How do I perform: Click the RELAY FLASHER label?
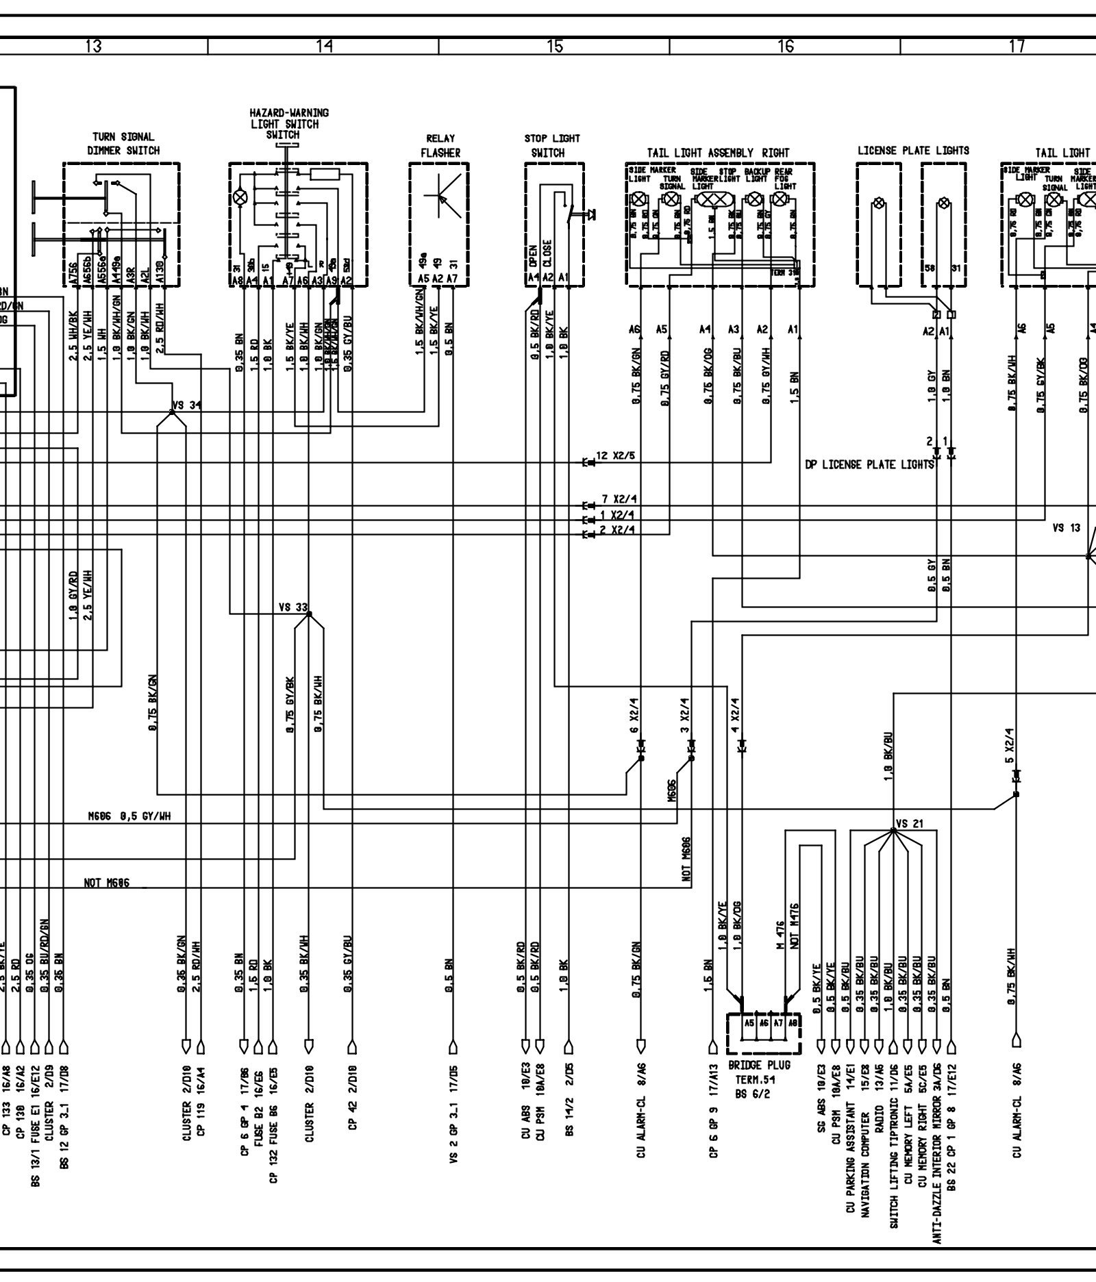[x=440, y=146]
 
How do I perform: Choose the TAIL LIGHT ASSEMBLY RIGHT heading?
[x=718, y=153]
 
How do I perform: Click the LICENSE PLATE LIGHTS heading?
[x=913, y=150]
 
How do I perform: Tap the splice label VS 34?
[x=187, y=405]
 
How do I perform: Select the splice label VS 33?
[x=293, y=607]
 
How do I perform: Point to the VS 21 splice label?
[x=910, y=823]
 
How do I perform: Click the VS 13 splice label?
[x=1066, y=528]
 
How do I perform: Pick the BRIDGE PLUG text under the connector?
[x=759, y=1066]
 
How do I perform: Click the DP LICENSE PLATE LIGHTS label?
[x=869, y=465]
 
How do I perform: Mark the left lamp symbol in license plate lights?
[x=877, y=203]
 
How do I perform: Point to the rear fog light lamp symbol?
[x=779, y=199]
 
